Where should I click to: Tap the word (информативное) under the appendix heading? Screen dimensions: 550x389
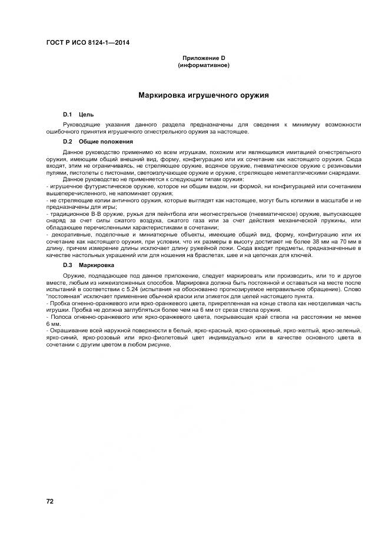(x=204, y=65)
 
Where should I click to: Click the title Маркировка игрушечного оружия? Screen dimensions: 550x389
(x=204, y=94)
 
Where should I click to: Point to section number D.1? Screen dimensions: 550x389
(x=67, y=114)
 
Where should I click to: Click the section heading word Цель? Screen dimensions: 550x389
(x=87, y=114)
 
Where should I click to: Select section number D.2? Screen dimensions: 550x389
(x=67, y=142)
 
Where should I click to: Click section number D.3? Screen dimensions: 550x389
(x=67, y=265)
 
